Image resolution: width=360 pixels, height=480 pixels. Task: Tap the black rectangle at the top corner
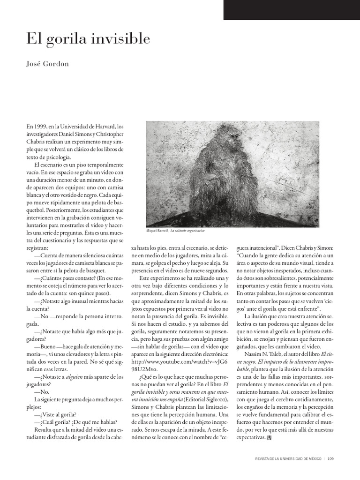tap(291, 9)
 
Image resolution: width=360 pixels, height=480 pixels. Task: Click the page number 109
tap(330, 458)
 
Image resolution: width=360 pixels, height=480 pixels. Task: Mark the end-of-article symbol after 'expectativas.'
tap(269, 438)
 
